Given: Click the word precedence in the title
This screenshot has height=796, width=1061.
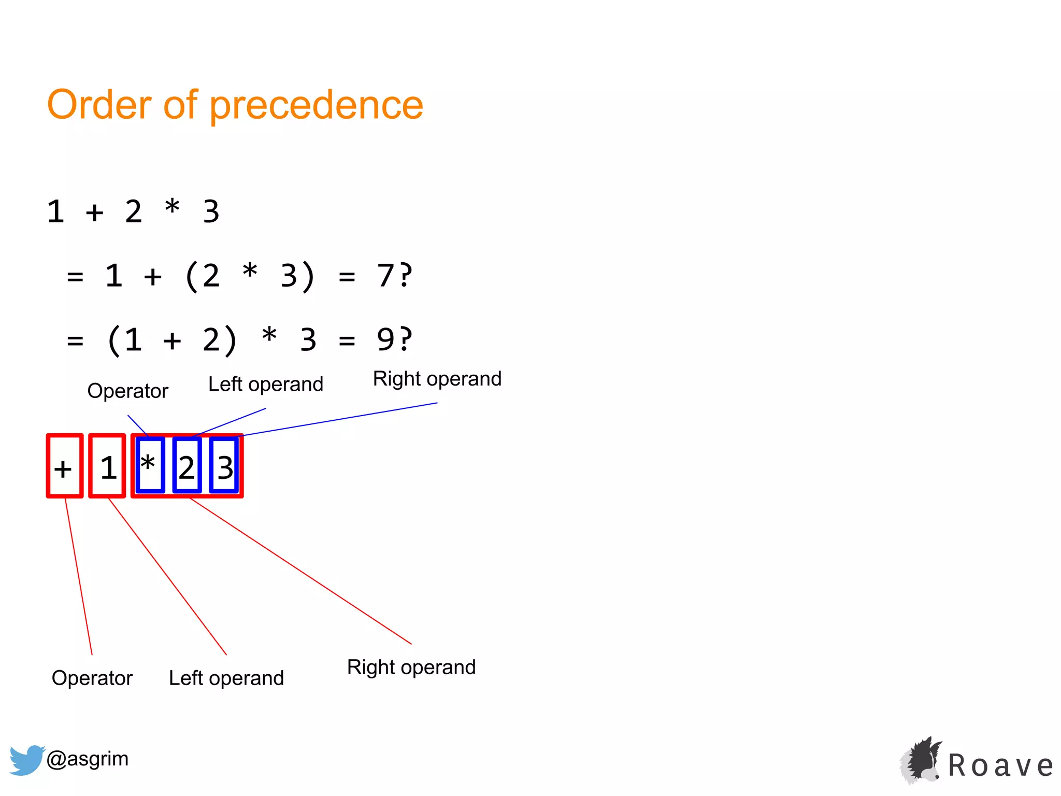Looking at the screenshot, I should coord(317,105).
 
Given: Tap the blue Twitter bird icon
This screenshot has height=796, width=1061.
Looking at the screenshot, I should coord(26,760).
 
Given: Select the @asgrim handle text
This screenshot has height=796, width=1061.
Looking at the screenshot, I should coord(87,759).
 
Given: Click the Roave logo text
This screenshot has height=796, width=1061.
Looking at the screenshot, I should coord(1000,765).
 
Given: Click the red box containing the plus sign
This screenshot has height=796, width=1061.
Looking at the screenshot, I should coord(64,466).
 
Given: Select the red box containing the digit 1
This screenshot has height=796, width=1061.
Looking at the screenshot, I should coord(107,466).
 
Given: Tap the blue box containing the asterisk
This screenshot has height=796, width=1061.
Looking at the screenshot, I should coord(150,465).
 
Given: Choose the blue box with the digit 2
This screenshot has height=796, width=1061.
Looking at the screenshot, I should coord(187,465).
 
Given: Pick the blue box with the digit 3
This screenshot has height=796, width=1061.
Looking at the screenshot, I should coord(224,465).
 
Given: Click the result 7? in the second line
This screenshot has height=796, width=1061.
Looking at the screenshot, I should coord(394,275).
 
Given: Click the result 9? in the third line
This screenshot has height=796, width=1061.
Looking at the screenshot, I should coord(394,339).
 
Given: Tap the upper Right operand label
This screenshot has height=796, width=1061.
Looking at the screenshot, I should coord(437,379).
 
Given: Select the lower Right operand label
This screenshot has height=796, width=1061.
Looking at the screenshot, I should coord(411,667).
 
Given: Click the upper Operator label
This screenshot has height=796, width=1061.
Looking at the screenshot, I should coord(127,391).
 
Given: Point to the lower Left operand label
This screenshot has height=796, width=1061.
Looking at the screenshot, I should coord(226,678).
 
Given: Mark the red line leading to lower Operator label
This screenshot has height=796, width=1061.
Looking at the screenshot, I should coord(79,576).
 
